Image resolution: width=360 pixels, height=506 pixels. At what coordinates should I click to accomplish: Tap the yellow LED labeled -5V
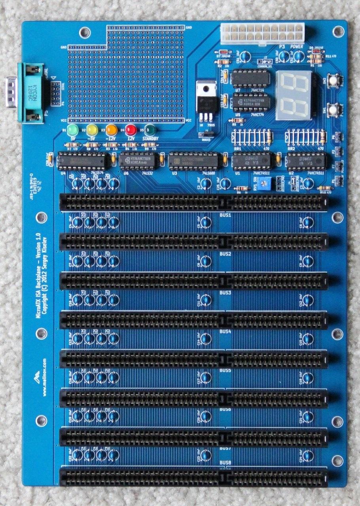click(x=92, y=129)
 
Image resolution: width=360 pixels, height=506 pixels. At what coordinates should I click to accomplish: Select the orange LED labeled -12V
click(x=112, y=129)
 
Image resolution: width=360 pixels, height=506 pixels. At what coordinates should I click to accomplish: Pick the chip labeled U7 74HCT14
click(x=250, y=78)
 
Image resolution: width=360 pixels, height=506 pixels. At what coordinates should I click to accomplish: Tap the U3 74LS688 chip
click(x=193, y=162)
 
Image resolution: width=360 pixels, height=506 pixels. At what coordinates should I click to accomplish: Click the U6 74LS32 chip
click(x=138, y=161)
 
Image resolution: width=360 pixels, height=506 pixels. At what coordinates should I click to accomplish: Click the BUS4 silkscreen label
click(x=225, y=331)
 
